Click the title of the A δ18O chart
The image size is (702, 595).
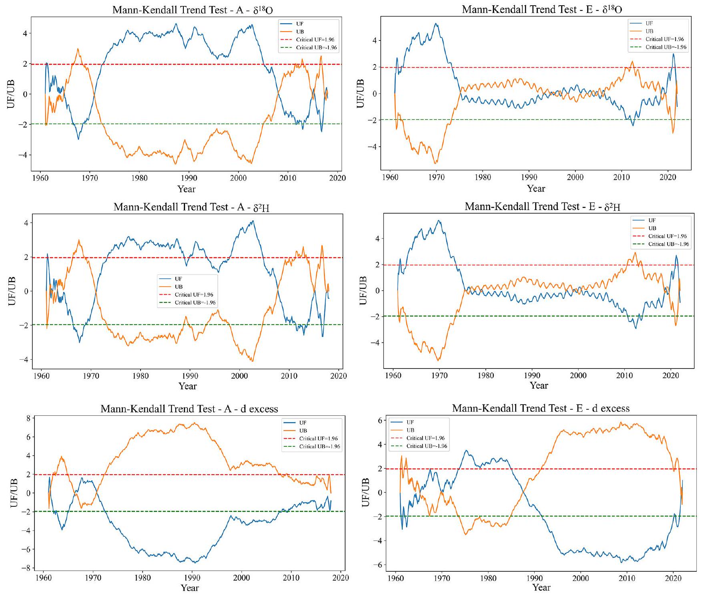click(192, 10)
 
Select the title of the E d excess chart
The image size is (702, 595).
click(541, 409)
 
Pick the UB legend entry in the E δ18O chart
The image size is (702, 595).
click(649, 31)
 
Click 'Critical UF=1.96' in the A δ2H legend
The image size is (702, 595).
click(194, 295)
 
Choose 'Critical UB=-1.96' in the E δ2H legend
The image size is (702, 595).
click(667, 244)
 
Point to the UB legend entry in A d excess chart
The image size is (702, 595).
click(303, 430)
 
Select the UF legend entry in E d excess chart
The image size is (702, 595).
click(410, 422)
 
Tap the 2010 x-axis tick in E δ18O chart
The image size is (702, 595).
click(622, 177)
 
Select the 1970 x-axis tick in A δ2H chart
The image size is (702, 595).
click(91, 376)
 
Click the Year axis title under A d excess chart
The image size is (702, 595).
click(190, 588)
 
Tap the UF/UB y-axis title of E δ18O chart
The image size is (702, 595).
click(360, 93)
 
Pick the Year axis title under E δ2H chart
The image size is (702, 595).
click(539, 385)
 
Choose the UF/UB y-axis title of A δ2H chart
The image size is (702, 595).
click(12, 291)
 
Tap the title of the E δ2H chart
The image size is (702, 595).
click(542, 207)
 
